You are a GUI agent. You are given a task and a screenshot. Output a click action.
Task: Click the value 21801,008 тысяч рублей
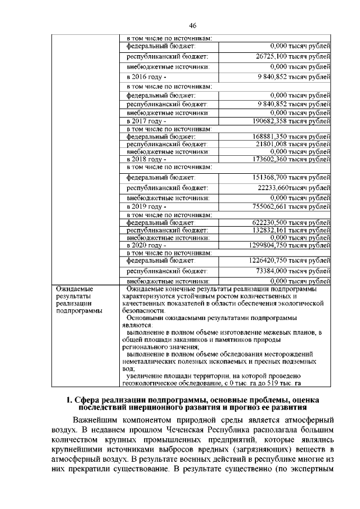click(292, 144)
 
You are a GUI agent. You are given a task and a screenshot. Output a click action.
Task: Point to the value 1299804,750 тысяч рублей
click(290, 245)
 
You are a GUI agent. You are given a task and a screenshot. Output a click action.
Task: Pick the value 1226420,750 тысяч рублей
click(290, 260)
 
